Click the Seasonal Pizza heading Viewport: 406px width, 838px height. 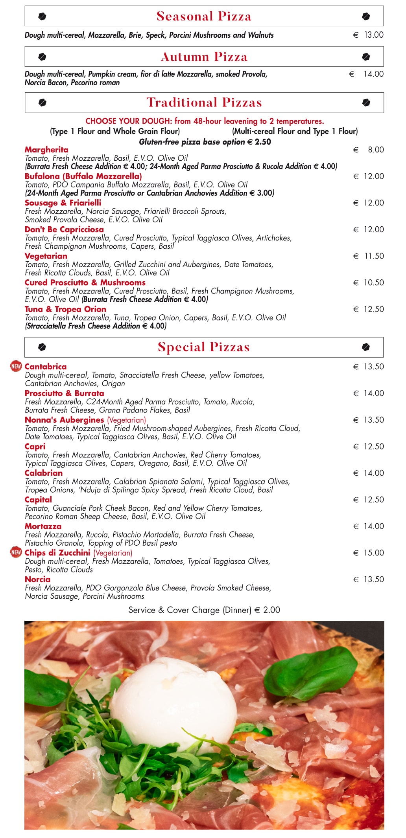[x=204, y=16]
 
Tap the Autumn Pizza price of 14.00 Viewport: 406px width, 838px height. [x=373, y=74]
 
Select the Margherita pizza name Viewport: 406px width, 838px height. [x=46, y=150]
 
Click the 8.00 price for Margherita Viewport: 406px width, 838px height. [x=376, y=150]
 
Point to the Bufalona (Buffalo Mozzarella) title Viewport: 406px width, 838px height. [x=83, y=176]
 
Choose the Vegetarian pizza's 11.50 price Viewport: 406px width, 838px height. [x=373, y=256]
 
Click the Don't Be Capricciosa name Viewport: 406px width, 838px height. [x=64, y=229]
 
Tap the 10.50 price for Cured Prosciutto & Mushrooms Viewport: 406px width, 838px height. [x=373, y=283]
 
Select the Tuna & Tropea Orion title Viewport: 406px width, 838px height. [x=65, y=309]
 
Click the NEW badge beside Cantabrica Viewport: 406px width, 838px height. [x=16, y=366]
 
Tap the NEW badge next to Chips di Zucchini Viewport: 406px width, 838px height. [x=16, y=552]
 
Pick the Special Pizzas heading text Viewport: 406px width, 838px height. [x=204, y=347]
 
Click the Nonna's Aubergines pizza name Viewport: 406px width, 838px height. [x=64, y=420]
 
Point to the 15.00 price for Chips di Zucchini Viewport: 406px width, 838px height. [x=373, y=553]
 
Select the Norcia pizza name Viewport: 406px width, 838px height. [x=37, y=579]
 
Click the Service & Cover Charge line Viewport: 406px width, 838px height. [x=204, y=610]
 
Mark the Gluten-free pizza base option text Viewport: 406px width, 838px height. [x=205, y=142]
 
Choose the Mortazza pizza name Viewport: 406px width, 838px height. [x=43, y=526]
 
